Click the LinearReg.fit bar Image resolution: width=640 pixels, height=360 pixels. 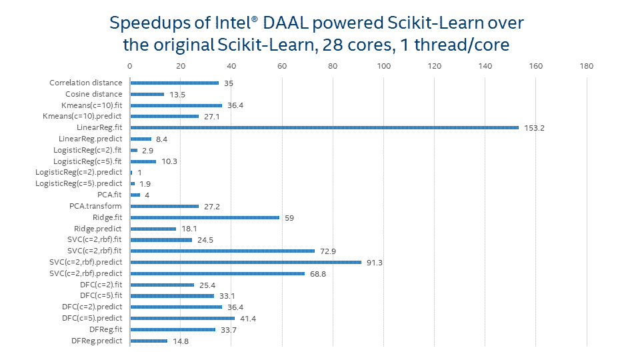[324, 127]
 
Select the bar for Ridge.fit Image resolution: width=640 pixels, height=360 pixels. [205, 217]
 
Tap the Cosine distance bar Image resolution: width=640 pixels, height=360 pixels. [147, 94]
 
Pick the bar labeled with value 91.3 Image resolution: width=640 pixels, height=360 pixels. [245, 262]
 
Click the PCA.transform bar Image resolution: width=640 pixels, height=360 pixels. [164, 206]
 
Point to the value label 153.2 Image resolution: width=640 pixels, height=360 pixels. [535, 128]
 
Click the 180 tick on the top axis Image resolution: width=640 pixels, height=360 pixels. [587, 66]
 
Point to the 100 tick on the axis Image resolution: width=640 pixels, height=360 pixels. [383, 66]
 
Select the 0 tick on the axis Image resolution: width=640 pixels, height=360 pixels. [130, 66]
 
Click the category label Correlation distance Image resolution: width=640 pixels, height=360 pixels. [86, 83]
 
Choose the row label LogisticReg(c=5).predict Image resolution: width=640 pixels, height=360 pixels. [79, 183]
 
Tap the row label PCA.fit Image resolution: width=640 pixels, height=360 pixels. [110, 195]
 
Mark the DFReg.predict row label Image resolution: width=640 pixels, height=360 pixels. [97, 341]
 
